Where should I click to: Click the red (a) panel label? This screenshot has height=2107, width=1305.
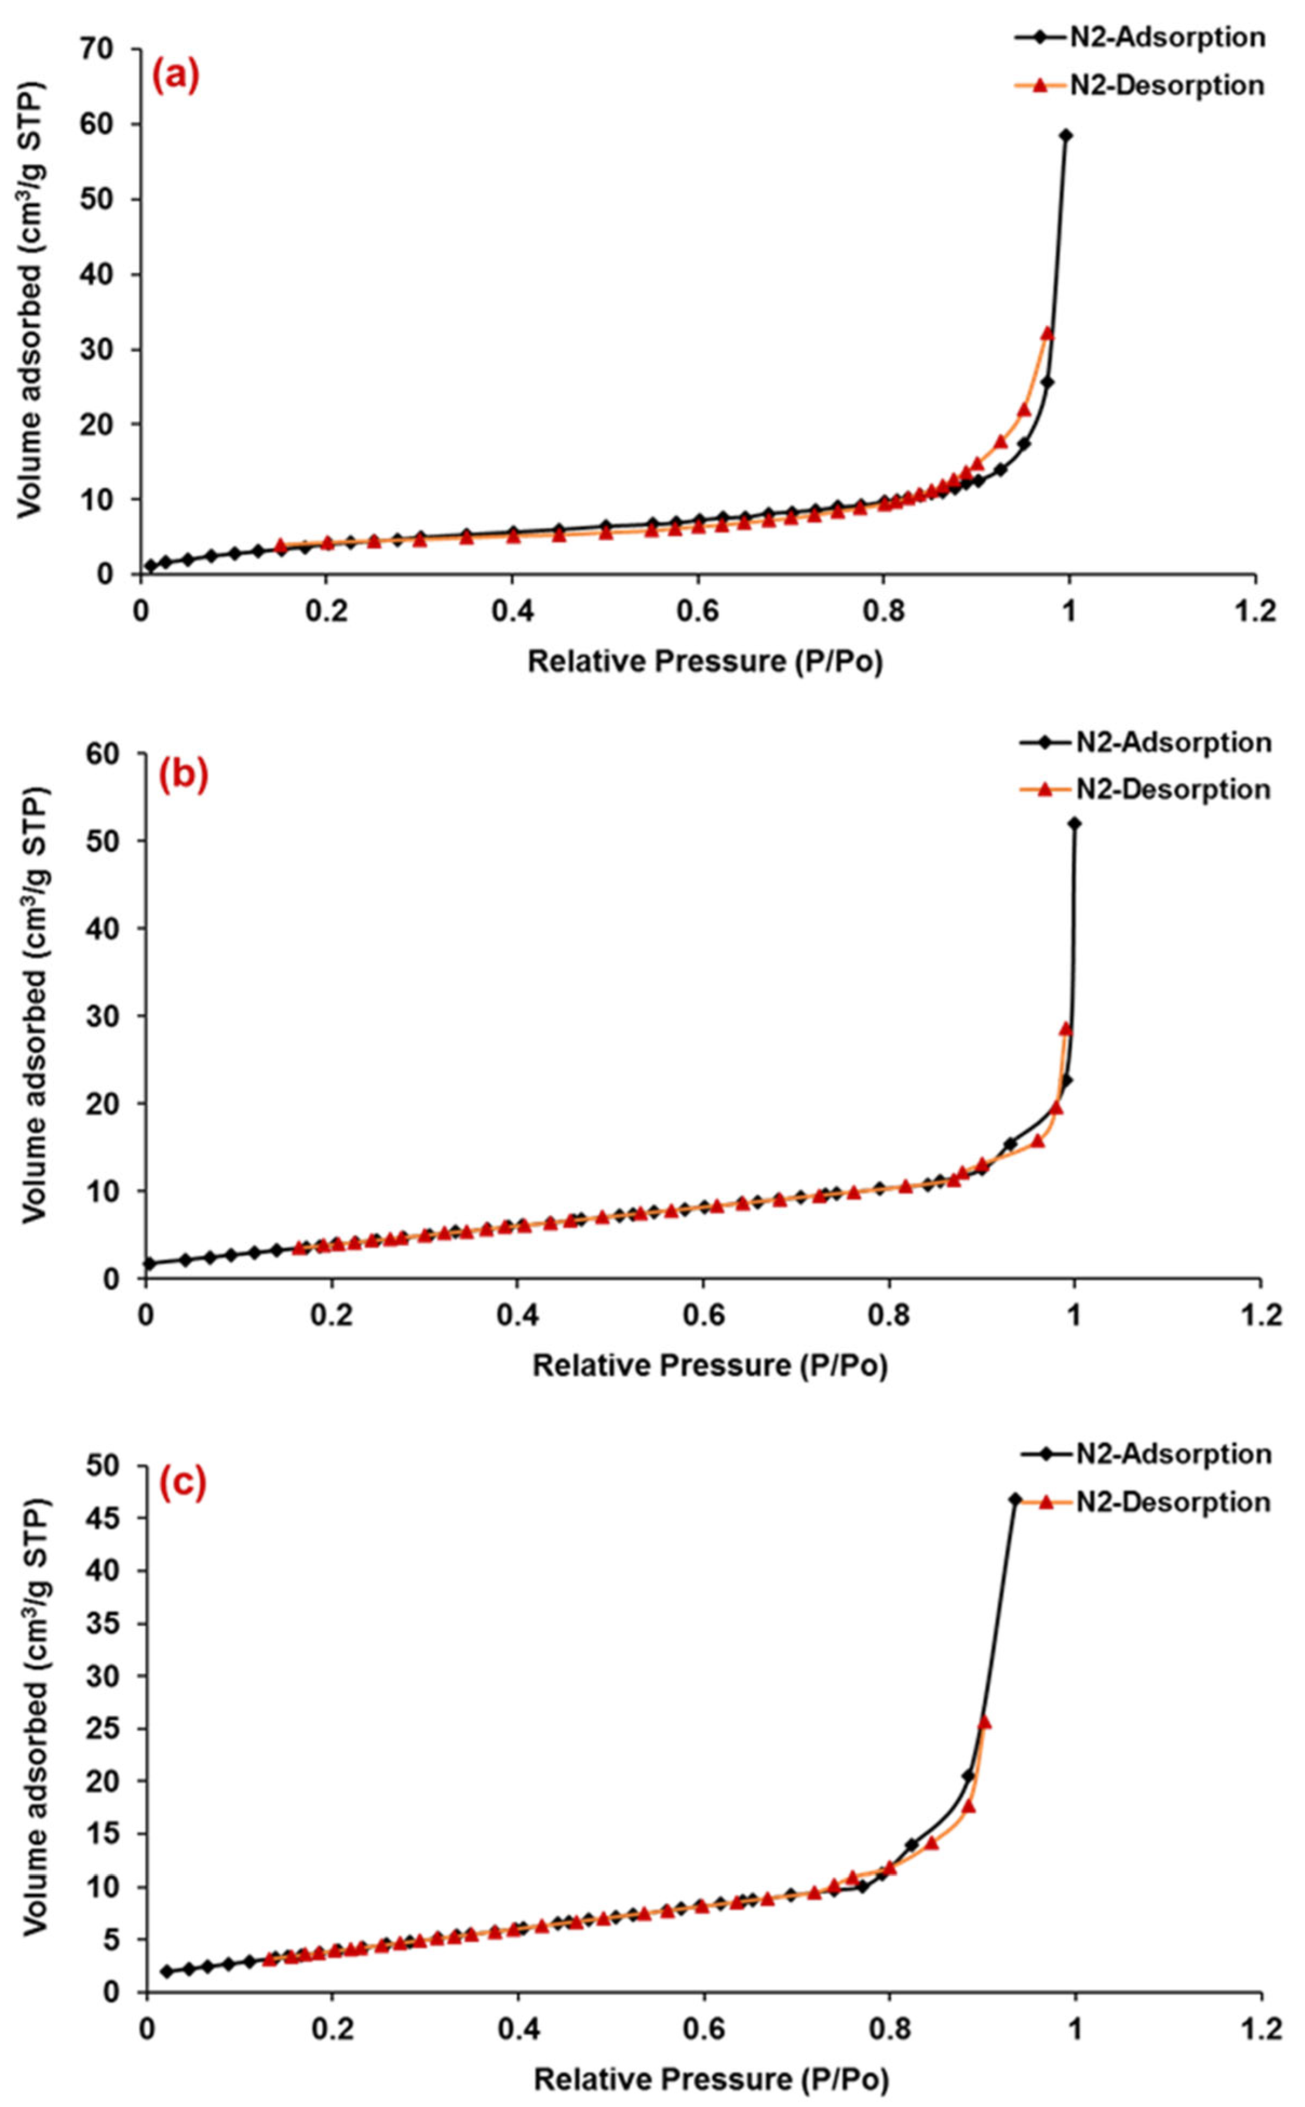point(176,76)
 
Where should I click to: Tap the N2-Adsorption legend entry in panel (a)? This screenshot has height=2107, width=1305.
point(1139,38)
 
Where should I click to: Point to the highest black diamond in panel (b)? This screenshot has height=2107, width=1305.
point(1074,824)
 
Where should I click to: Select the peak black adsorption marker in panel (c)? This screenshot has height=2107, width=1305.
point(1015,1500)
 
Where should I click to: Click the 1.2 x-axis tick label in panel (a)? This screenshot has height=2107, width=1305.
point(1254,611)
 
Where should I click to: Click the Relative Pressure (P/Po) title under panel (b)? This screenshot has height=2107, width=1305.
point(709,1365)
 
